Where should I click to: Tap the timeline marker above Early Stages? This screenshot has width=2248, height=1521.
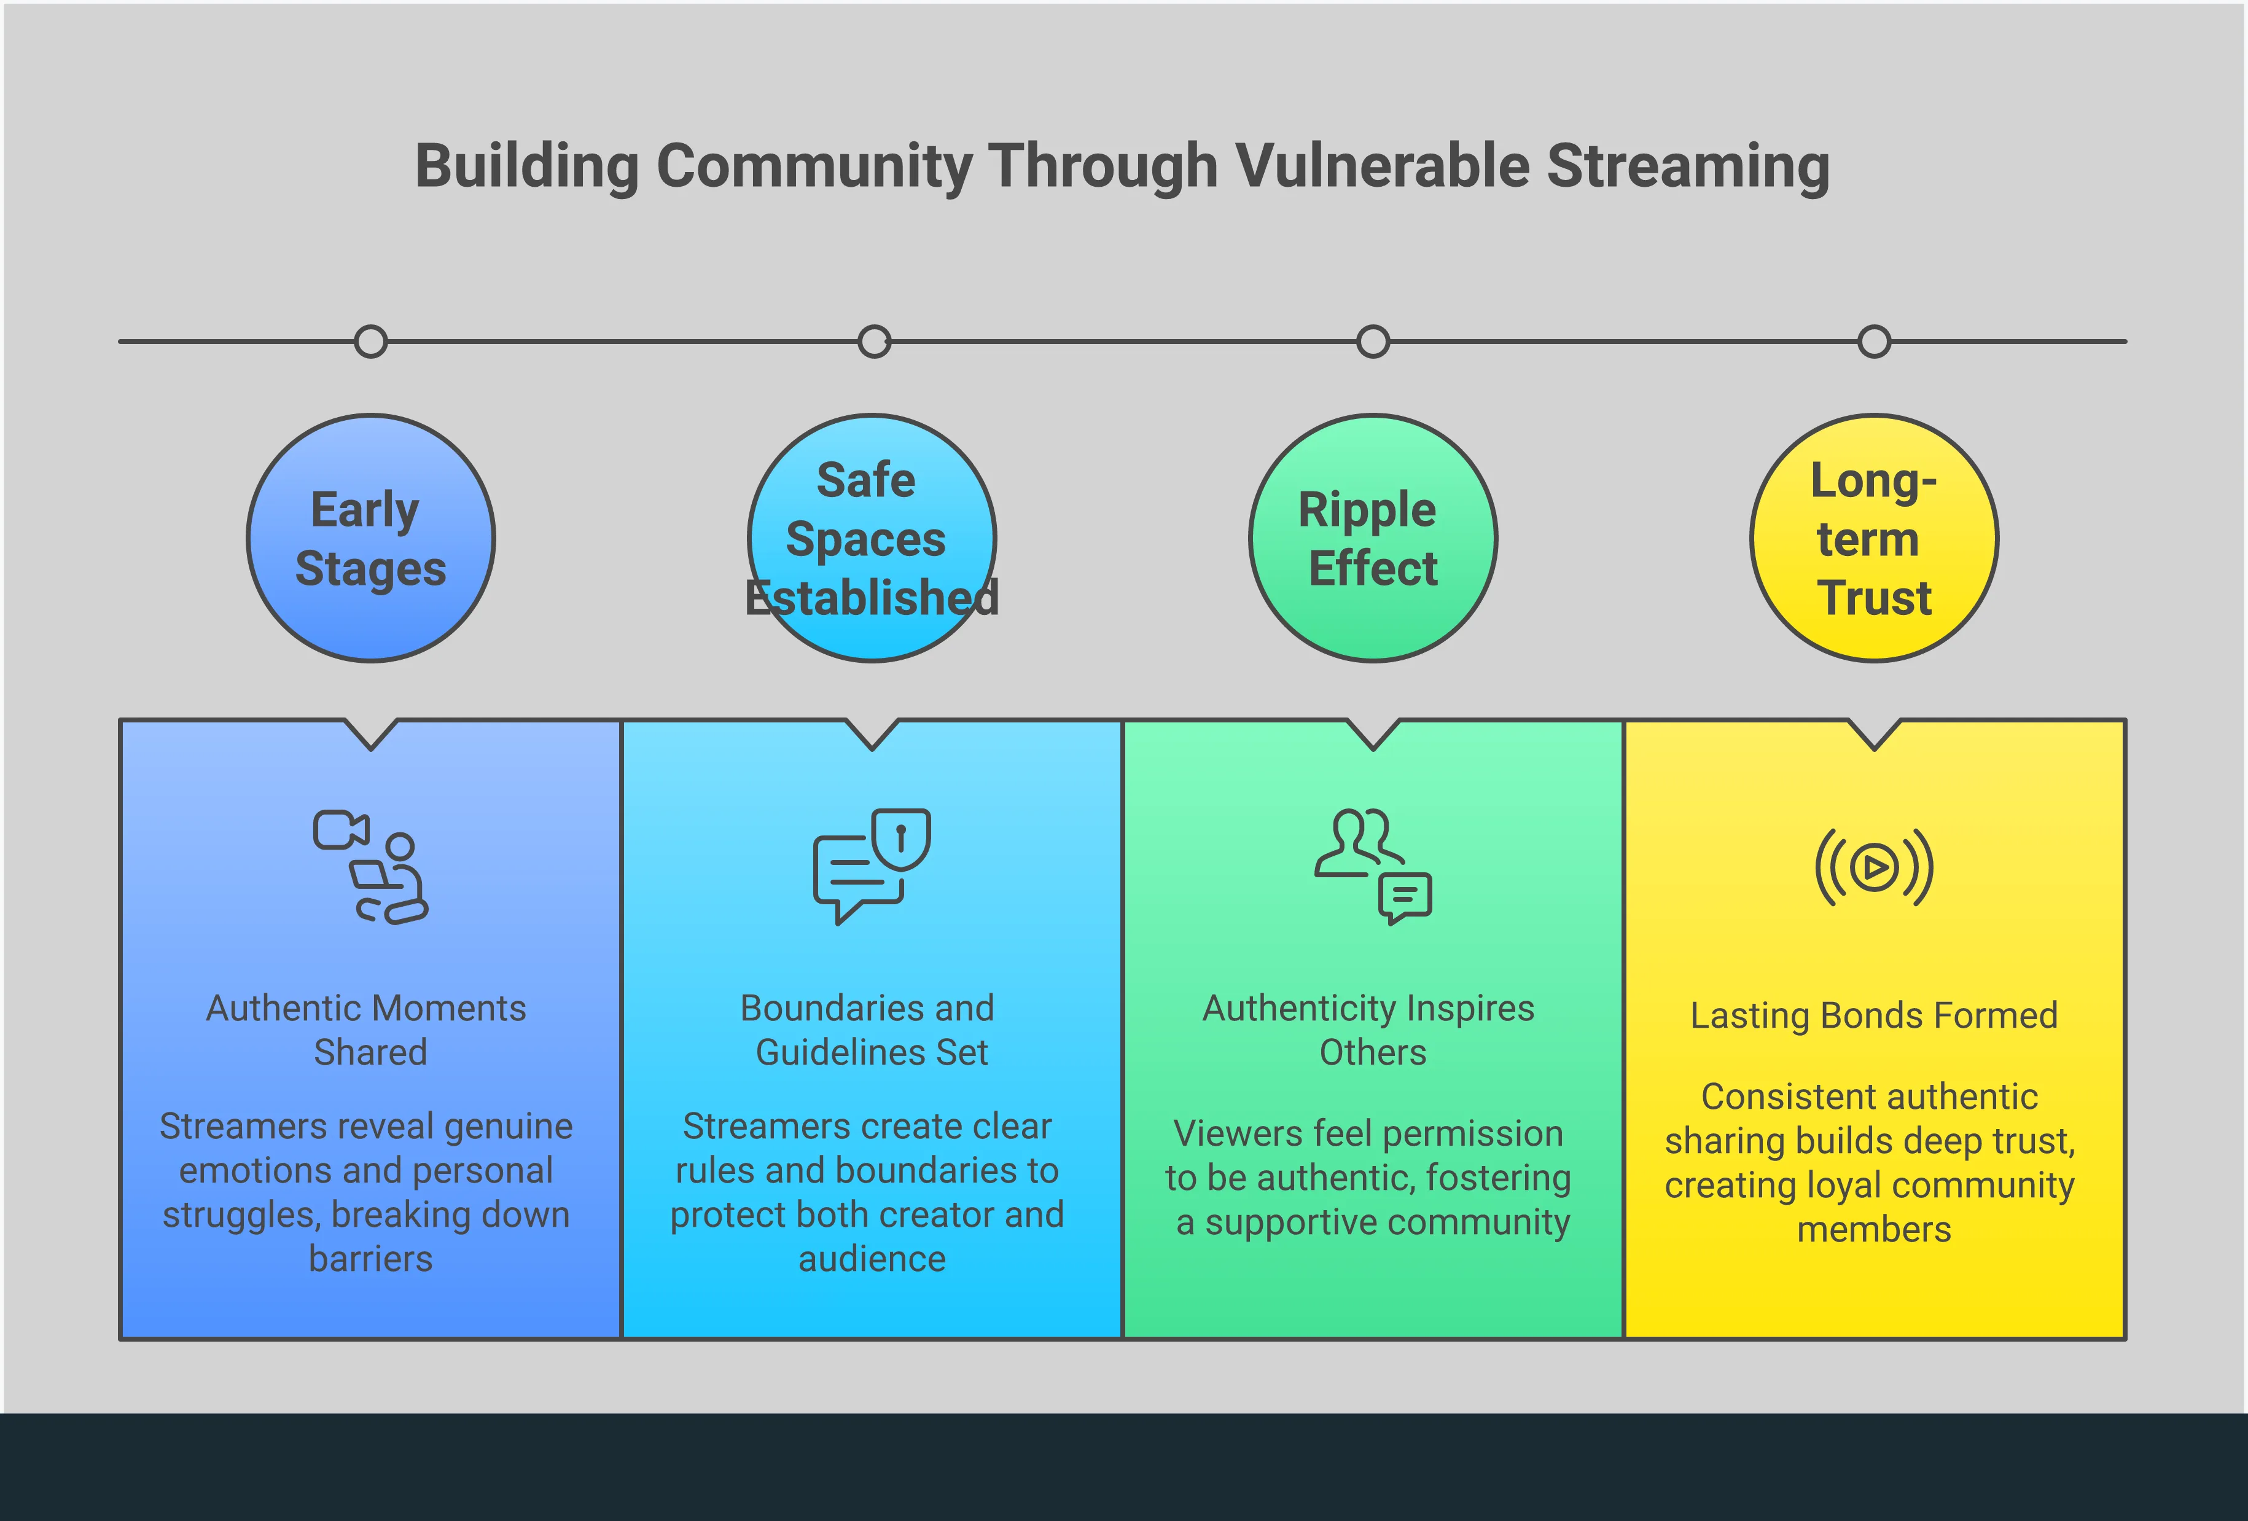(x=370, y=342)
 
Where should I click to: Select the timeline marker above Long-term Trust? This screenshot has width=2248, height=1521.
(x=1874, y=342)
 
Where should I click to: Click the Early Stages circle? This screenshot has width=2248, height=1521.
(x=370, y=539)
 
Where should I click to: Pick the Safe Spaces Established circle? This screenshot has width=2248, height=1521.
(x=872, y=539)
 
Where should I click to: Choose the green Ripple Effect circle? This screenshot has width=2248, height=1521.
(x=1373, y=539)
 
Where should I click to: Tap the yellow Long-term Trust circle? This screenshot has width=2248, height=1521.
(x=1874, y=539)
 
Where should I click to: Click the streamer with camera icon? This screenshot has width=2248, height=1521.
(x=370, y=867)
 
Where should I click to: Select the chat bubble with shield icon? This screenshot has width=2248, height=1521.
(x=872, y=867)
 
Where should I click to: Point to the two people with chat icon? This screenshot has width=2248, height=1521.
(x=1373, y=867)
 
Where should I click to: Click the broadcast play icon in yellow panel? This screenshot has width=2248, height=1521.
(x=1874, y=867)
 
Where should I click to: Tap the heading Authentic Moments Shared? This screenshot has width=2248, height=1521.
(x=367, y=1030)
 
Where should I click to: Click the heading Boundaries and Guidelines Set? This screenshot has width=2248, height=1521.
(x=868, y=1030)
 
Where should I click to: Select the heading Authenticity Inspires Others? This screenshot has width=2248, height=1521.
(x=1370, y=1030)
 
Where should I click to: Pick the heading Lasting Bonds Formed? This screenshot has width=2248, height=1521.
(x=1874, y=1015)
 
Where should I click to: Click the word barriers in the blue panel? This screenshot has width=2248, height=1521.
(x=370, y=1259)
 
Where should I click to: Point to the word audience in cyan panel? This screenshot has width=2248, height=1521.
(x=872, y=1259)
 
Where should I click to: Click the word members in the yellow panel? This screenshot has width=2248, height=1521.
(x=1874, y=1230)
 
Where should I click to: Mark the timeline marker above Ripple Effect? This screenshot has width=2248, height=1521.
(x=1373, y=342)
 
